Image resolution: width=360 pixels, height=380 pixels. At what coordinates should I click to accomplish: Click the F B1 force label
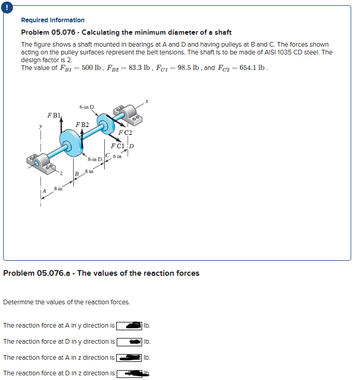point(54,115)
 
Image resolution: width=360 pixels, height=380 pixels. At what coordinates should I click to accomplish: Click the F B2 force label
point(82,125)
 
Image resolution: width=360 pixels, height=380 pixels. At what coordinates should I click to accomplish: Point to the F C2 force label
point(124,133)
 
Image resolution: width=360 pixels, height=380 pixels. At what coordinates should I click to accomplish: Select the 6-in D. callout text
point(87,107)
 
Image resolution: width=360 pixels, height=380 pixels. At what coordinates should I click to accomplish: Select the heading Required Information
point(52,20)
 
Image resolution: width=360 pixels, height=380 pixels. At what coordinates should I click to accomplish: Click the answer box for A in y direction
point(129,326)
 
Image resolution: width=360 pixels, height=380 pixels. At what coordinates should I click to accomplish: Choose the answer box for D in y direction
point(129,342)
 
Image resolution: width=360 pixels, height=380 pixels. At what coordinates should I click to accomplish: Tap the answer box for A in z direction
point(129,358)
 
